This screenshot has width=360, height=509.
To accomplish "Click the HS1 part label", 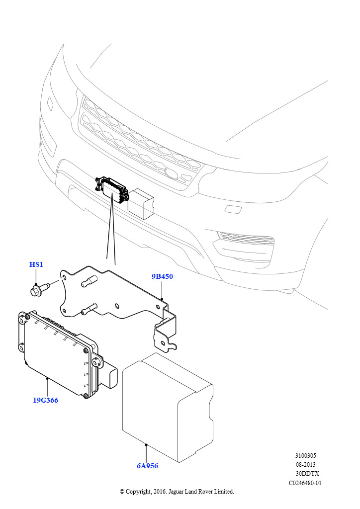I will pos(36,264).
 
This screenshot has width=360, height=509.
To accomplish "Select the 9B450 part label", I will pos(163,276).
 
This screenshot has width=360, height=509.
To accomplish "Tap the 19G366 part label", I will pos(45,400).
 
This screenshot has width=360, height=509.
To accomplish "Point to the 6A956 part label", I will pos(147,466).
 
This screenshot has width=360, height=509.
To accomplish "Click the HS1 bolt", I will pos(39,289).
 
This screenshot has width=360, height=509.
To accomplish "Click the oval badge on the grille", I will pos(172,173).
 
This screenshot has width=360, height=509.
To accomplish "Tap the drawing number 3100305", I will pos(305,455).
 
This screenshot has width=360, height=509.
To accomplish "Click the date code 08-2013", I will pos(305,465).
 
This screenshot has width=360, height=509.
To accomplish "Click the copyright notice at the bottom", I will pos(177,492).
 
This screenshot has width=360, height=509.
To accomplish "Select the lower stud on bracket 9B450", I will pos(87,310).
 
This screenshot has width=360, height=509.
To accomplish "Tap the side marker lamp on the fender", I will pos(50,103).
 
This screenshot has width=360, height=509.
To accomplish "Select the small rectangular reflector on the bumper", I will pos(233,209).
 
